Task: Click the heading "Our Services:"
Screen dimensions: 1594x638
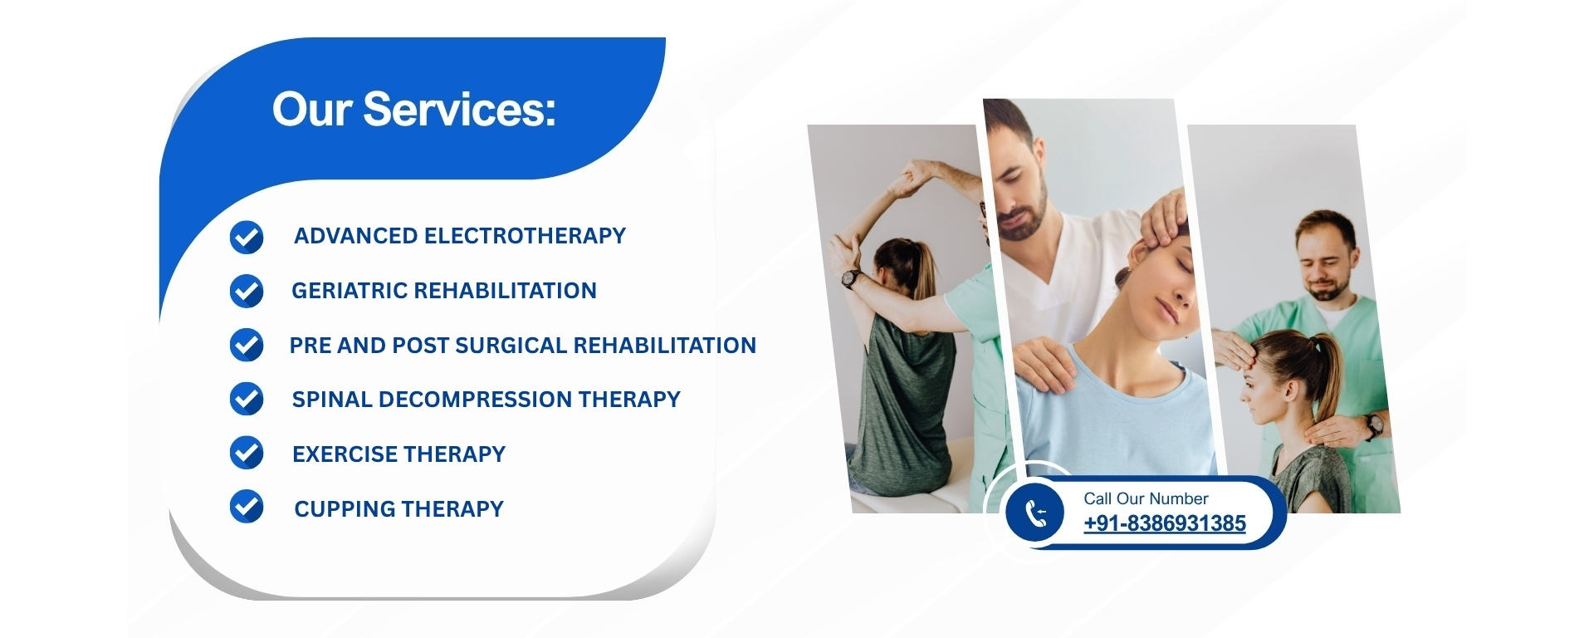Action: [413, 110]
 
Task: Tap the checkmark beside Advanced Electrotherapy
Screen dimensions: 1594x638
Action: [247, 238]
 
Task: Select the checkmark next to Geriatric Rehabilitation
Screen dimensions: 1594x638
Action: [247, 292]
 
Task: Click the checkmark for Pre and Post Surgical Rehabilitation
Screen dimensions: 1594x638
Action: [247, 346]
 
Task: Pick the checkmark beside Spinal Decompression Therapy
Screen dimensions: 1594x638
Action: [247, 400]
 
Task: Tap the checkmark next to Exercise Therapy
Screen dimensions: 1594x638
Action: [247, 454]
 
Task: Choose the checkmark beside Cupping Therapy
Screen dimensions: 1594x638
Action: [247, 507]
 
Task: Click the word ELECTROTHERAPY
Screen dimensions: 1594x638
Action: [525, 236]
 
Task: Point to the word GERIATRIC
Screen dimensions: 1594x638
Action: [349, 291]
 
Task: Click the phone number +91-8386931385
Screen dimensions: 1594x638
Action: [1165, 523]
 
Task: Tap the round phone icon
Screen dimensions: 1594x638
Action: [1034, 513]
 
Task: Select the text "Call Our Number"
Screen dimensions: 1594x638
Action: [1146, 498]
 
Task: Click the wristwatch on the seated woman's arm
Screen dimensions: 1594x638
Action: [851, 278]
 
